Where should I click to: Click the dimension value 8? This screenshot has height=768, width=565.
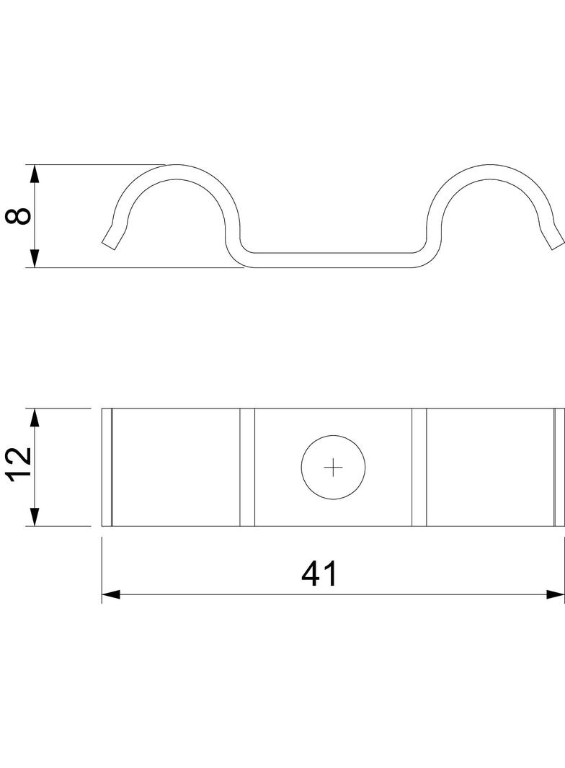(x=19, y=216)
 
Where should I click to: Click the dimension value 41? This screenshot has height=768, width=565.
(x=319, y=574)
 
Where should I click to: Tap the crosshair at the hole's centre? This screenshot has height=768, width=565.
(x=333, y=468)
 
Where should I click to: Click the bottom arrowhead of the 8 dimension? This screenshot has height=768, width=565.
(x=35, y=258)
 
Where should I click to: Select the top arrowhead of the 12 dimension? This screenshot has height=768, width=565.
(x=35, y=418)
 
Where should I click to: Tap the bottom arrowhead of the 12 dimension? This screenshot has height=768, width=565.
(x=35, y=517)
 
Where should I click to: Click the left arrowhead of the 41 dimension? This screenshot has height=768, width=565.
(x=111, y=594)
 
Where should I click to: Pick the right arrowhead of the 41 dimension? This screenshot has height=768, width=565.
(x=555, y=594)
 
